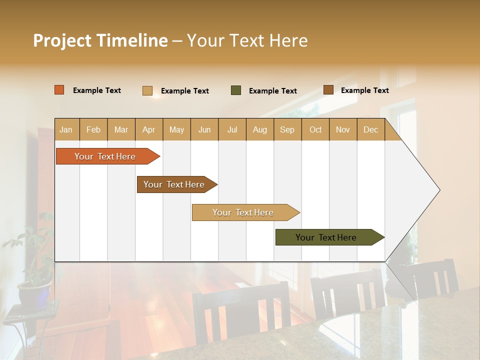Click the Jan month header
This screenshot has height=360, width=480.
[x=66, y=130]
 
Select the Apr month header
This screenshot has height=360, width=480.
[x=148, y=130]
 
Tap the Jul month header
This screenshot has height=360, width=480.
[x=232, y=130]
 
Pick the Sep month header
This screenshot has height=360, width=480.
[x=287, y=130]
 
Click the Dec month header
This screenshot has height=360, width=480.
[x=370, y=130]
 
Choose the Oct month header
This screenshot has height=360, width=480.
[x=315, y=130]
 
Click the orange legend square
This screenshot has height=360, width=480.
[x=59, y=90]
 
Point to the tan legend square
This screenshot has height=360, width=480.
[x=147, y=90]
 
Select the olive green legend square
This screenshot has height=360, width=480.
[x=236, y=90]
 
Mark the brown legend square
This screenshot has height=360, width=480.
[x=328, y=90]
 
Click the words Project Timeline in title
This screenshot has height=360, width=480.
[x=100, y=40]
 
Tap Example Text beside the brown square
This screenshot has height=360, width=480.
[x=364, y=90]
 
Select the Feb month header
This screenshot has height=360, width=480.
[x=93, y=130]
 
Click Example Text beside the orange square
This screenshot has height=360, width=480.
[x=96, y=90]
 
